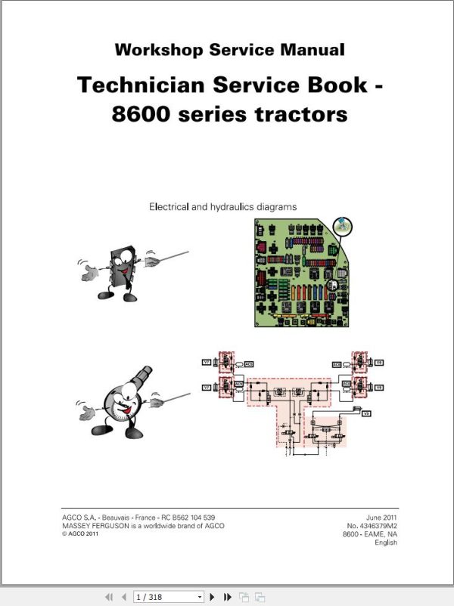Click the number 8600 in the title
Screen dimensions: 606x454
tap(144, 114)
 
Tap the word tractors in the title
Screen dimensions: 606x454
tap(306, 114)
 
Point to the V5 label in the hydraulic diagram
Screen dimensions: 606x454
tap(366, 413)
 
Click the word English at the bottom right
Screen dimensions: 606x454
tap(385, 543)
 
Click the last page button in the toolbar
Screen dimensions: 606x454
tap(227, 597)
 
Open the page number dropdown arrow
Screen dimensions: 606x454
tap(200, 597)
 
